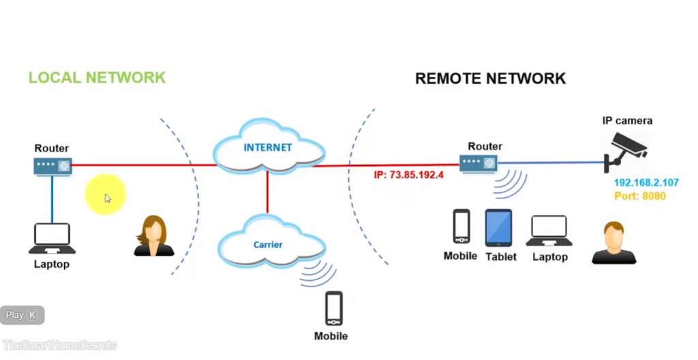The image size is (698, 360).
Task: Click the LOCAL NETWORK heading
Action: (x=97, y=77)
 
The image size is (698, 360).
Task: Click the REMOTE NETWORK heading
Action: (x=490, y=78)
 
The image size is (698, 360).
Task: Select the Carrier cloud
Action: (x=269, y=244)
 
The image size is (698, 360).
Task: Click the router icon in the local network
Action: (x=52, y=165)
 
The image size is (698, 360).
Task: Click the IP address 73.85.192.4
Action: (x=408, y=175)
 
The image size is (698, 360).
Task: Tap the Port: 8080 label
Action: (x=639, y=196)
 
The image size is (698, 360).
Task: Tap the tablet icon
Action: (x=498, y=228)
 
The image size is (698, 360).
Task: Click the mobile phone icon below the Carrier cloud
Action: (x=333, y=308)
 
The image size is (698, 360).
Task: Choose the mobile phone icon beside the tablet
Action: (x=461, y=226)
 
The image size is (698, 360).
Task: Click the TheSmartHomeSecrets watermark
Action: (x=60, y=345)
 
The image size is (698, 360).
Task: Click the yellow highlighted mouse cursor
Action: (x=106, y=196)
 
